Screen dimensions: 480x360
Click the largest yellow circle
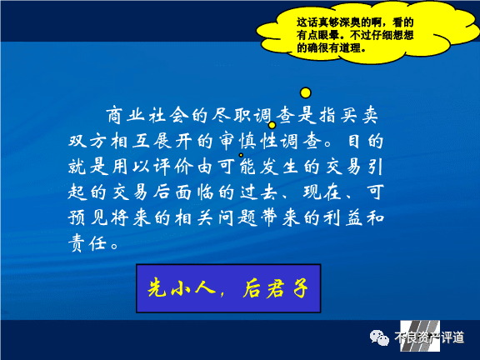pos(306,92)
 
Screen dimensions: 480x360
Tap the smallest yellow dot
pos(241,155)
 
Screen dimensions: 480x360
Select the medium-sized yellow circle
pos(272,125)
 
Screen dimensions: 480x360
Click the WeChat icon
pos(379,337)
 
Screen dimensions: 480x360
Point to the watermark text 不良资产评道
pos(429,337)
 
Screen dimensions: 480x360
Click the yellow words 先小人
pos(182,287)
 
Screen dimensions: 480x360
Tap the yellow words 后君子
pos(276,287)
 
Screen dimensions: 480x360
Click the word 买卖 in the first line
pos(359,115)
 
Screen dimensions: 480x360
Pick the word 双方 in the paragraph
pos(87,141)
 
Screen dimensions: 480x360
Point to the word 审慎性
pos(247,141)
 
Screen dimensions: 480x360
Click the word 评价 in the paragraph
pos(173,167)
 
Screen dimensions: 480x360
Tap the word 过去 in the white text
pos(258,192)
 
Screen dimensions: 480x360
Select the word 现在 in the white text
pos(322,192)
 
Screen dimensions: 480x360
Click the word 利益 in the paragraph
pos(344,218)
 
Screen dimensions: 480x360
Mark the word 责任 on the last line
pos(87,244)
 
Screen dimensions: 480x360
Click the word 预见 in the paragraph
pos(87,218)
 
